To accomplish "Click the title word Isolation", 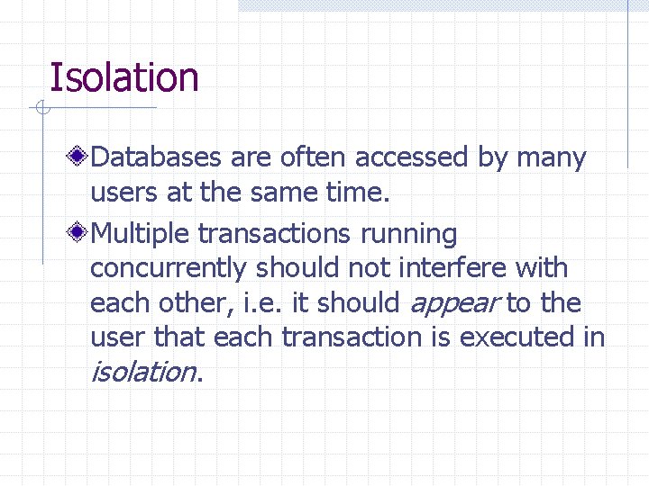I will [124, 77].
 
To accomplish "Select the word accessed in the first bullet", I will [411, 158].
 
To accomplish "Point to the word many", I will [552, 158].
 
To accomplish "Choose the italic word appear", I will [454, 304].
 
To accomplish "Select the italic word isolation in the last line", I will [142, 371].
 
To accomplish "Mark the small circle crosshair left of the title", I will [41, 109].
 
